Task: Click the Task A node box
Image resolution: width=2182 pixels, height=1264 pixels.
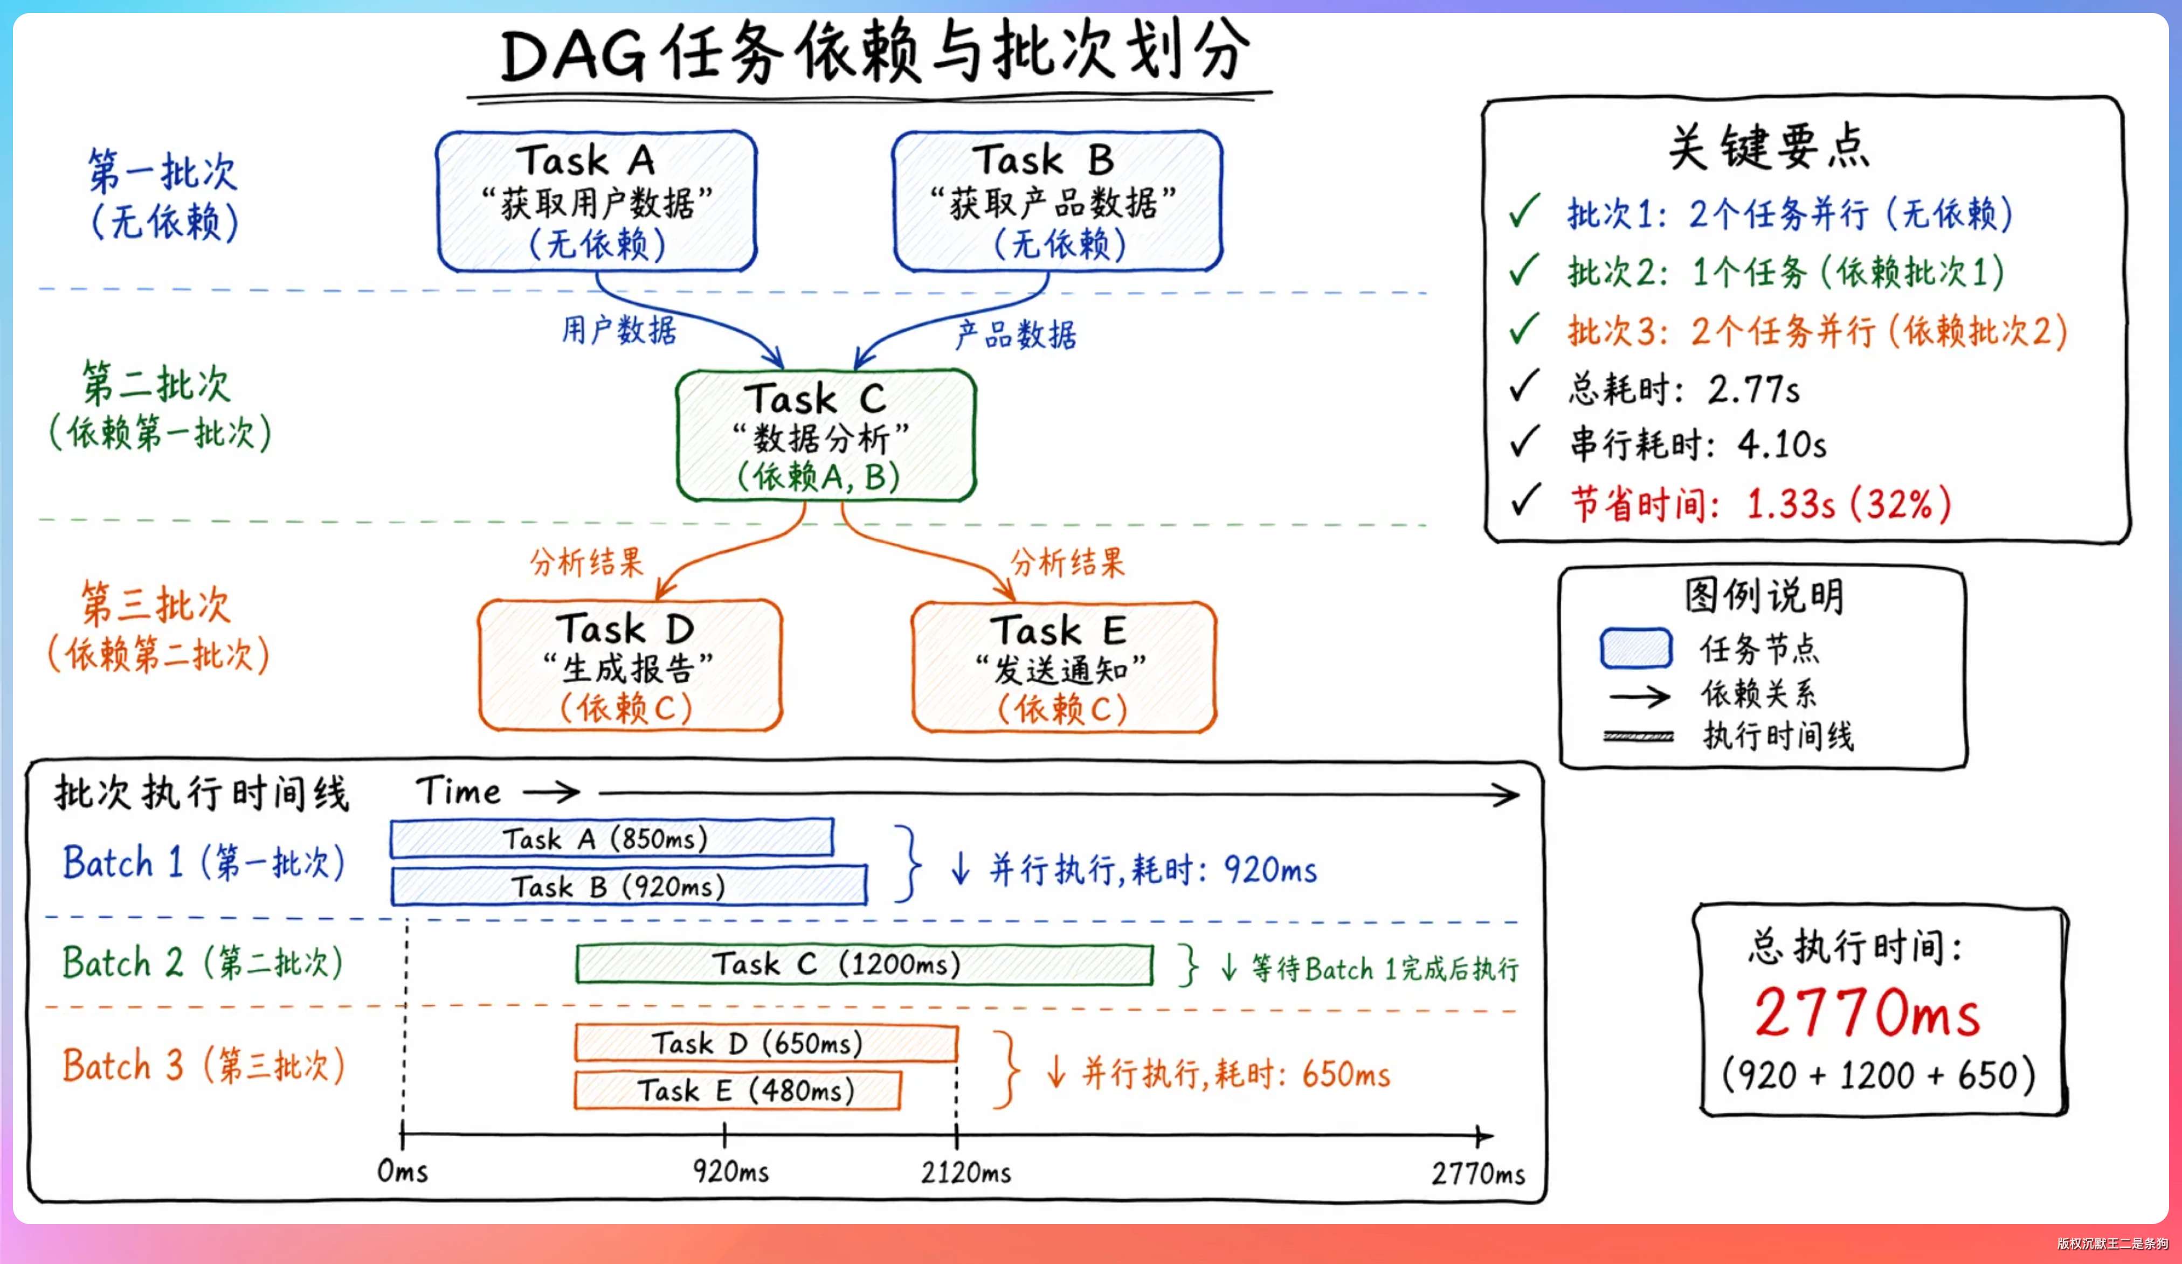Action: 597,201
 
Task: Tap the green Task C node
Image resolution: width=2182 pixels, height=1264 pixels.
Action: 826,435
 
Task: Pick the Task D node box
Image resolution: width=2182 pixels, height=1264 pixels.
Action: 630,665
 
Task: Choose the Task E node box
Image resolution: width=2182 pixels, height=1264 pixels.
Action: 1064,666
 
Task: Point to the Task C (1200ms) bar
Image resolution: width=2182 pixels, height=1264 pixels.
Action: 864,963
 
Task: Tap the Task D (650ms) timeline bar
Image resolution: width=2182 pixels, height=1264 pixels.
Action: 767,1043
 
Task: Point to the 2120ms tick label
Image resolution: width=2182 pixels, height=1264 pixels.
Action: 965,1172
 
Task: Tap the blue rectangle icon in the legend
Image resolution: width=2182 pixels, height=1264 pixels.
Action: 1635,649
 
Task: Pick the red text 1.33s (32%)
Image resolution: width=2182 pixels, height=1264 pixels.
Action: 1849,504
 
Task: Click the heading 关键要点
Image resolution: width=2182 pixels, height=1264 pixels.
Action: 1769,147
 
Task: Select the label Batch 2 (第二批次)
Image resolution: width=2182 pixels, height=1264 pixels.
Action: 203,963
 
